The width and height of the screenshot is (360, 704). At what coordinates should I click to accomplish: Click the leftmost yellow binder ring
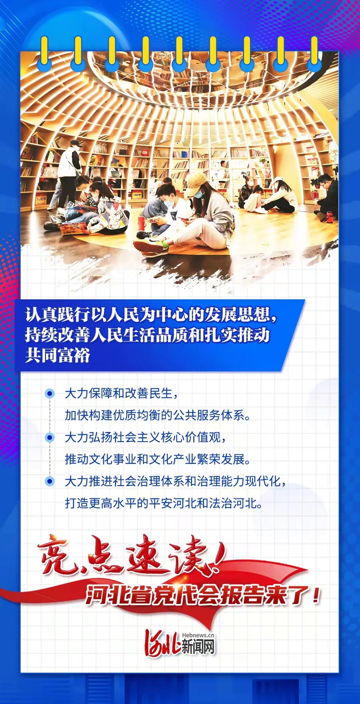44,50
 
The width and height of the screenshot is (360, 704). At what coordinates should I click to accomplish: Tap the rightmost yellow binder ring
314,50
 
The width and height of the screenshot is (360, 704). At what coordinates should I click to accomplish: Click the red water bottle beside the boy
141,223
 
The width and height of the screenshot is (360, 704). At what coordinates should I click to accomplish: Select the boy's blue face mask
170,201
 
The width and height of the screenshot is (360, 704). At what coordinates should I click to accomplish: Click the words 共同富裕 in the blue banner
58,355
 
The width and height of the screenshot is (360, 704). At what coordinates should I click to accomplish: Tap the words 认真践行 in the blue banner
58,315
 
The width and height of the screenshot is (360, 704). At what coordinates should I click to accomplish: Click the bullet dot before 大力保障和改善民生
50,394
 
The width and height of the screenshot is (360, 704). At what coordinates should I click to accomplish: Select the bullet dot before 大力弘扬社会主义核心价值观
50,437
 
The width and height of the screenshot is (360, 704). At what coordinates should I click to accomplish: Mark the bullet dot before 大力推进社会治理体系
50,481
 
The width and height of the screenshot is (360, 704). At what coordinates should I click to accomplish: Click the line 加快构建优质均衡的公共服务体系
157,415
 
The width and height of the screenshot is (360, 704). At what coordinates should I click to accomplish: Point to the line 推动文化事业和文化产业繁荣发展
157,459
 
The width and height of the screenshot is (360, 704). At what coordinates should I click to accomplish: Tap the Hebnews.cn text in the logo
198,635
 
